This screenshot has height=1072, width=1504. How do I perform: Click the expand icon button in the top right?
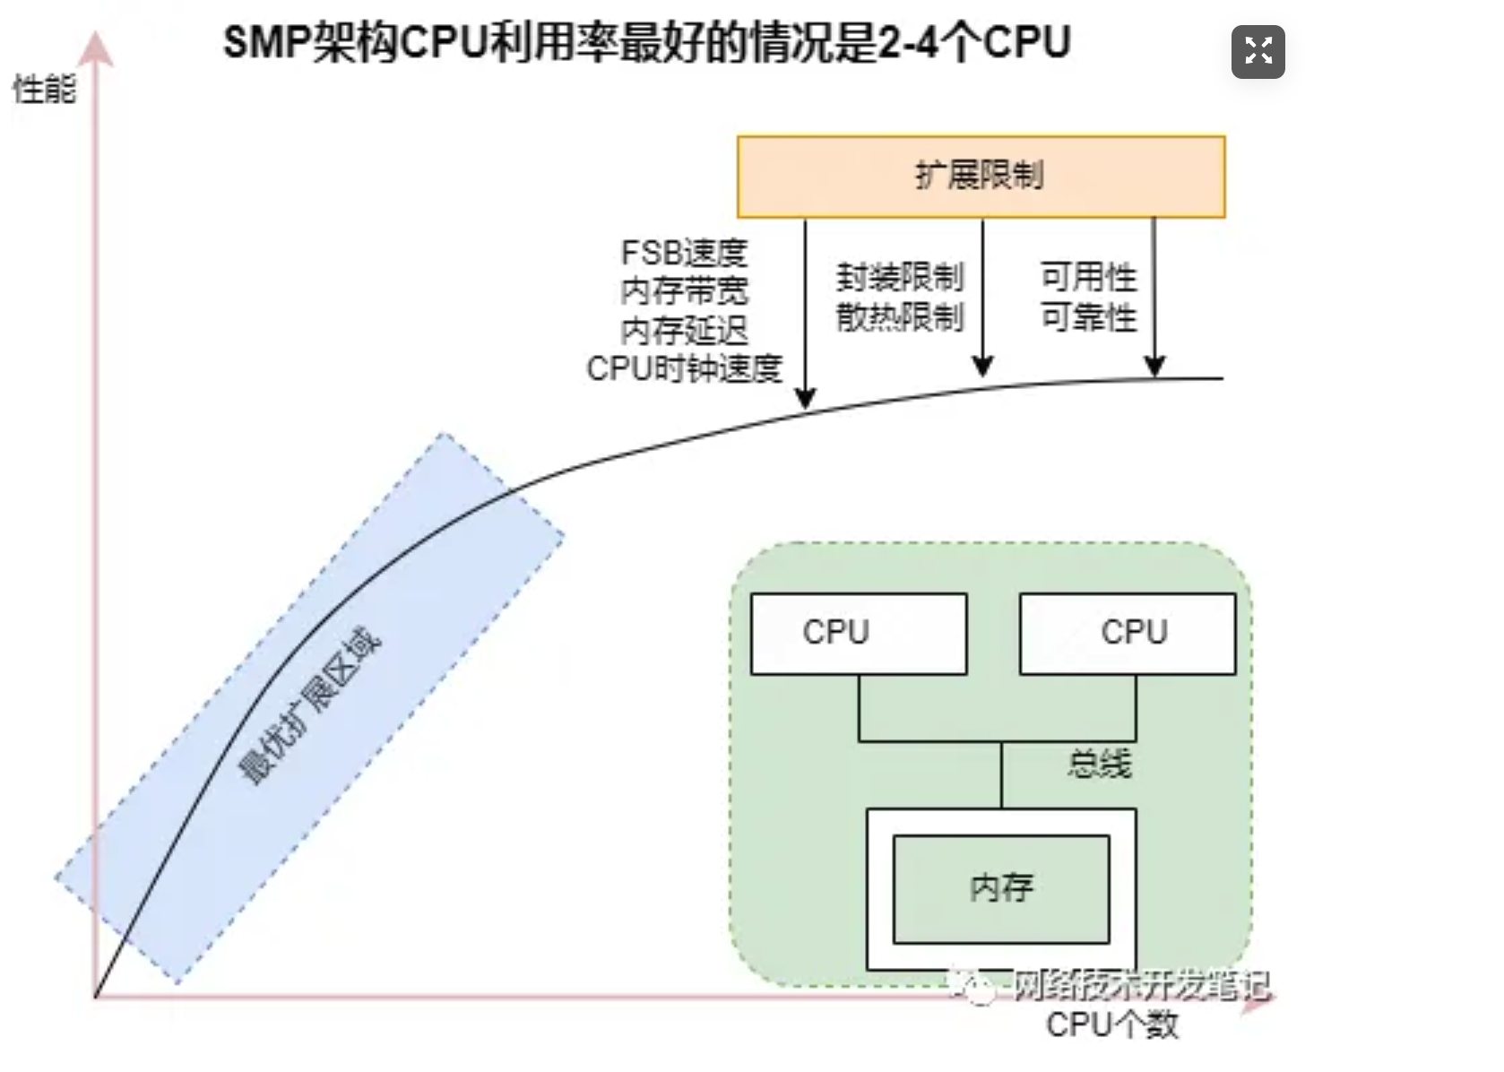tap(1258, 52)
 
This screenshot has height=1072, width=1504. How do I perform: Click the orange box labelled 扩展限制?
tap(981, 177)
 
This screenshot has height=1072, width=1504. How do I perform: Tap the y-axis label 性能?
tap(44, 90)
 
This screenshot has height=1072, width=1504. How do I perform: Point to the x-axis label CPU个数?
tap(1111, 1024)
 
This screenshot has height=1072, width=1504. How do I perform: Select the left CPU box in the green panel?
tap(858, 633)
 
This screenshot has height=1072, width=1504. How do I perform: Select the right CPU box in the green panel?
tap(1128, 633)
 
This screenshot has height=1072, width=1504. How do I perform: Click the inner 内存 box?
tap(1001, 888)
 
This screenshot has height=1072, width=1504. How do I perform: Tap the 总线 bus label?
tap(1099, 764)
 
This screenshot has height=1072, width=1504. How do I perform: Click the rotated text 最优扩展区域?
tap(310, 705)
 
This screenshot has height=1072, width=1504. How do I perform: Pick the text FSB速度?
tap(684, 253)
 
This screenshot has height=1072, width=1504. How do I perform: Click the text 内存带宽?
tap(684, 291)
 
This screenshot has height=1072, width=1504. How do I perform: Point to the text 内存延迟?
tap(684, 331)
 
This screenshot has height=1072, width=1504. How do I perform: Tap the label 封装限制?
tap(900, 277)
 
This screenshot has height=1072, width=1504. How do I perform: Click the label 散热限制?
tap(900, 316)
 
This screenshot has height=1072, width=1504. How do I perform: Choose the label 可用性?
tap(1088, 277)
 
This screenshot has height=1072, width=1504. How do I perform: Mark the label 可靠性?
tap(1088, 316)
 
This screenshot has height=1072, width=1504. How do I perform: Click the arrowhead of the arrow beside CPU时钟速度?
tap(805, 399)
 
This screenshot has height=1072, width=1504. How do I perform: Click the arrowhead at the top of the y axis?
tap(96, 49)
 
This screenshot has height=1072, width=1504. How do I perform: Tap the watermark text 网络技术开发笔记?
tap(1140, 986)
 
